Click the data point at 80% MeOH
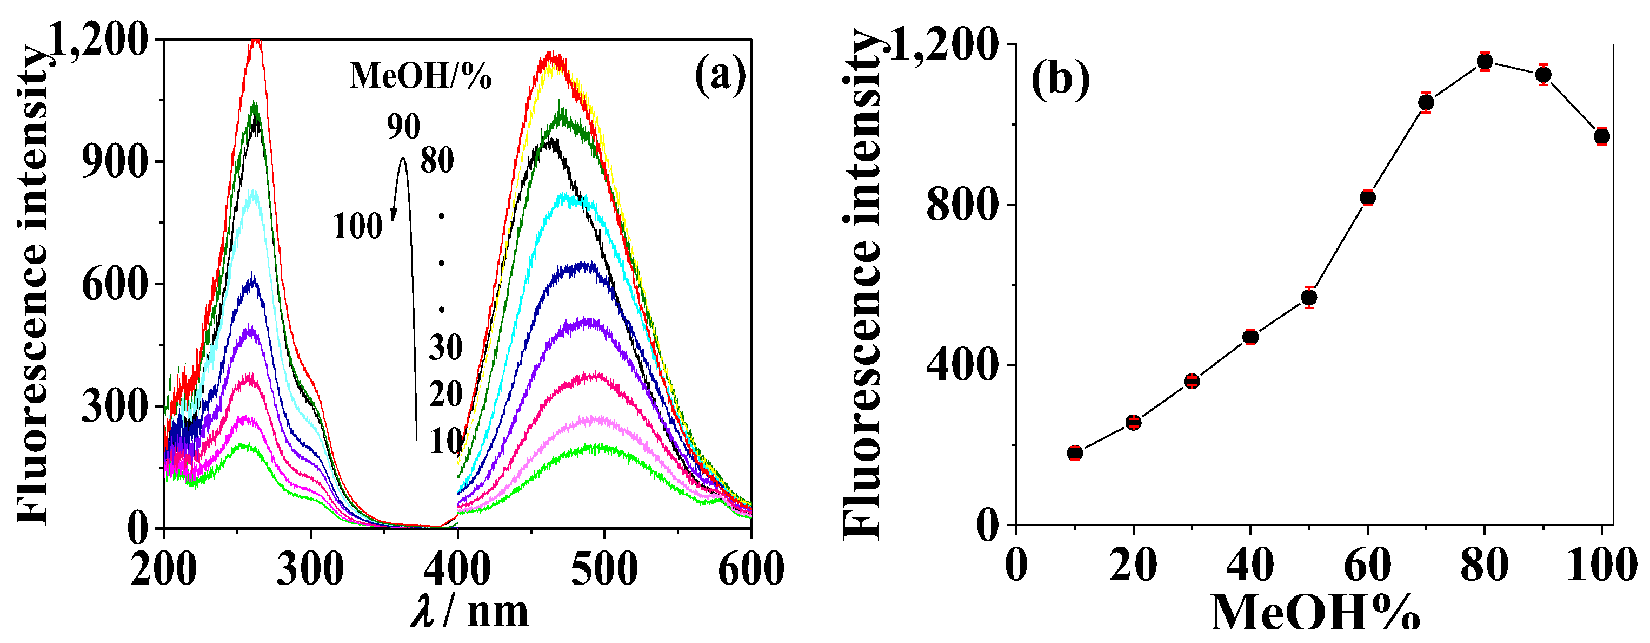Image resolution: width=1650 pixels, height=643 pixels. tap(1485, 62)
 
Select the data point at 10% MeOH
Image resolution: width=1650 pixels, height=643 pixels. tap(1075, 452)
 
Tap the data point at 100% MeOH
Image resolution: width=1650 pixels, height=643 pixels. tap(1602, 136)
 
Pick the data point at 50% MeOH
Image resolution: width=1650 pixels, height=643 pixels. tap(1309, 298)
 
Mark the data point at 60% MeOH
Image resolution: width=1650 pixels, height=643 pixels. tap(1368, 198)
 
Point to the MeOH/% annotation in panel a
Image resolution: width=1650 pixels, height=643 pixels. tap(420, 76)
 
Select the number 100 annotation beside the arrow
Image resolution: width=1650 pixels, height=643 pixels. tap(357, 226)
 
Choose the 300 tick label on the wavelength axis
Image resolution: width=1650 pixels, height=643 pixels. tap(310, 569)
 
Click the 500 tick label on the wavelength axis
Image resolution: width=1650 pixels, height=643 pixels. tap(603, 569)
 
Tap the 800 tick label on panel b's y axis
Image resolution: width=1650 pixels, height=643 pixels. tap(962, 205)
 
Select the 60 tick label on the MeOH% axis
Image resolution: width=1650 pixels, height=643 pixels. tap(1368, 566)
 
